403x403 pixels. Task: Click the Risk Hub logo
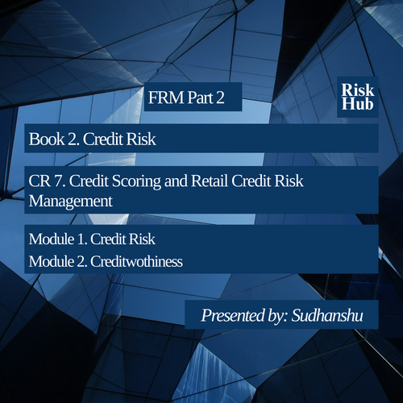pyautogui.click(x=358, y=97)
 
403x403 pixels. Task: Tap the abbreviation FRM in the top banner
pyautogui.click(x=166, y=98)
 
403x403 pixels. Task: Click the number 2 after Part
pyautogui.click(x=220, y=98)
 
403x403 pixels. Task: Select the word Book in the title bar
pyautogui.click(x=47, y=139)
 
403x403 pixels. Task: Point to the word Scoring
pyautogui.click(x=136, y=181)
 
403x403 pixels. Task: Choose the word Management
pyautogui.click(x=71, y=201)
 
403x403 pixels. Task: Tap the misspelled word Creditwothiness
pyautogui.click(x=136, y=261)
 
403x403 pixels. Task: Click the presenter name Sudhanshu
pyautogui.click(x=327, y=315)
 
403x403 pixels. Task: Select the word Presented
pyautogui.click(x=233, y=315)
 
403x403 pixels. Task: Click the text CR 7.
pyautogui.click(x=47, y=181)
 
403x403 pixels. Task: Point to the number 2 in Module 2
pyautogui.click(x=81, y=261)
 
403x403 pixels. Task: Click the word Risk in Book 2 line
pyautogui.click(x=141, y=139)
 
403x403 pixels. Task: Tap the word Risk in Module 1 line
pyautogui.click(x=140, y=239)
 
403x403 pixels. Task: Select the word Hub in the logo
pyautogui.click(x=358, y=104)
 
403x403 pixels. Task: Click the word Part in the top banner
pyautogui.click(x=200, y=98)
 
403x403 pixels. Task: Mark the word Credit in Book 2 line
pyautogui.click(x=103, y=139)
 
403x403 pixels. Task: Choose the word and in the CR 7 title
pyautogui.click(x=176, y=181)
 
